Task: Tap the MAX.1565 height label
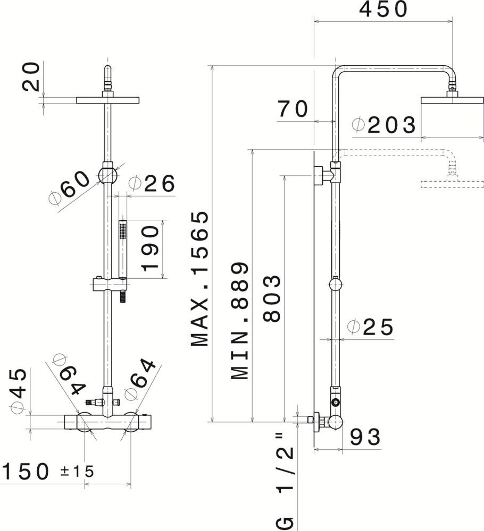200,279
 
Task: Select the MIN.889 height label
240,321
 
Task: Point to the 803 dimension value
271,298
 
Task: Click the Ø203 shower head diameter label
384,125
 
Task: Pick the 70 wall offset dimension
293,109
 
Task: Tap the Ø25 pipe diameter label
370,327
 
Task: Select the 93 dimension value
365,437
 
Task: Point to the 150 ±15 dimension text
48,471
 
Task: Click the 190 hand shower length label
151,249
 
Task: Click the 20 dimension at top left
31,76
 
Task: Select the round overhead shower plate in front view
107,100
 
